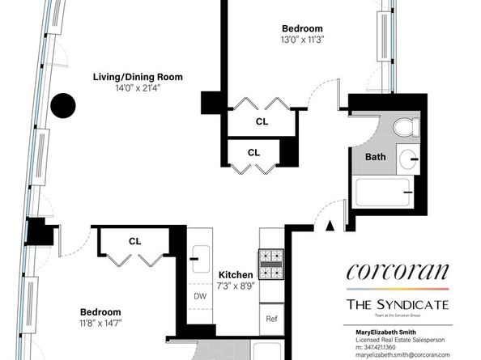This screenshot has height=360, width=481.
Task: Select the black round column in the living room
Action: tap(62, 105)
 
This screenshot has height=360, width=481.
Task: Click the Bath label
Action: tap(375, 156)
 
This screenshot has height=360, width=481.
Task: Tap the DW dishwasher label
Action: tap(200, 296)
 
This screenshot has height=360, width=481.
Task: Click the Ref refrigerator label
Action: tap(271, 319)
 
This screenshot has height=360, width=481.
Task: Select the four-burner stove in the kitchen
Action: tap(270, 260)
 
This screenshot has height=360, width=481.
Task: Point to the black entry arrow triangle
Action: tap(330, 227)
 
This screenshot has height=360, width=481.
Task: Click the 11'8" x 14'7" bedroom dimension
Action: tap(100, 323)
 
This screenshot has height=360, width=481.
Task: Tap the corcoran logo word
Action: tap(397, 271)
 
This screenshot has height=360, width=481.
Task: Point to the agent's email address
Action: tap(402, 354)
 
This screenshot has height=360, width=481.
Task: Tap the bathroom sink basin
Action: tap(409, 157)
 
